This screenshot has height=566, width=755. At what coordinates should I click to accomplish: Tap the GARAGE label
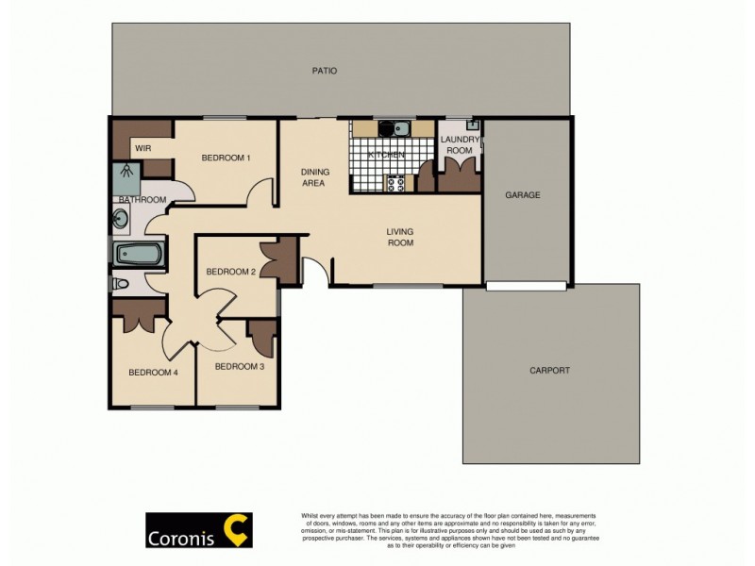(x=522, y=195)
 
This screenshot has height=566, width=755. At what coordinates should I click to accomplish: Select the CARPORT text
(x=551, y=371)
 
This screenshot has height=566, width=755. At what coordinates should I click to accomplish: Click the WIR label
(x=143, y=148)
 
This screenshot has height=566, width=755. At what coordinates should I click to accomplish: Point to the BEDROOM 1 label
(x=226, y=158)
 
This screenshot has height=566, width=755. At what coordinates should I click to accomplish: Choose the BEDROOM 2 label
(x=231, y=272)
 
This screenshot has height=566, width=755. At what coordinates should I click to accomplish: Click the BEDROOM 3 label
(x=239, y=366)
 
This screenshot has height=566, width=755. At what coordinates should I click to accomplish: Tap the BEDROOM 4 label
(x=153, y=372)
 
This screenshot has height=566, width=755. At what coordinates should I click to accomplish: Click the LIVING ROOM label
(x=400, y=237)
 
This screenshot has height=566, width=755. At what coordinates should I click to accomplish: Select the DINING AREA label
(x=313, y=177)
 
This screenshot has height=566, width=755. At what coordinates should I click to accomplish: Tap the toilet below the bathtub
(x=120, y=283)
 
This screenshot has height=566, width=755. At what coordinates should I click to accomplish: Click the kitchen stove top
(x=394, y=184)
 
